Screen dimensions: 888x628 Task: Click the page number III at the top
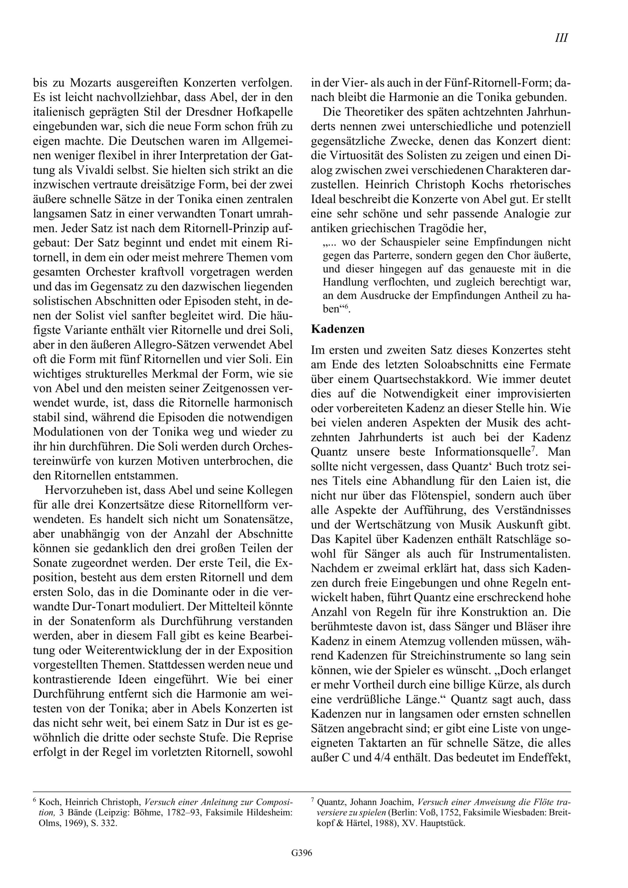pos(561,38)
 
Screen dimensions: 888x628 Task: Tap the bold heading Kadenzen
pos(338,329)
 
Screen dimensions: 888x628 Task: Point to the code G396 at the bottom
pos(302,853)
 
